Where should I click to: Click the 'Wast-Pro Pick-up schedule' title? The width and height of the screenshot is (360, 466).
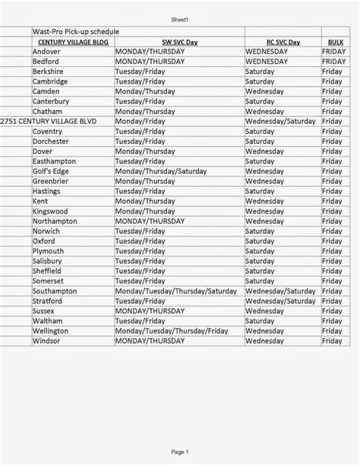pos(75,31)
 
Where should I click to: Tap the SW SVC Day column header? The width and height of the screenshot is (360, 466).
pos(180,42)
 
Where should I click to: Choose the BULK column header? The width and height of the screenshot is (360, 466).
pos(335,42)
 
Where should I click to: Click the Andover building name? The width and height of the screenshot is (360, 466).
pos(46,52)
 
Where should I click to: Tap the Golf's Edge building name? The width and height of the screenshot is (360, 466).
pos(51,171)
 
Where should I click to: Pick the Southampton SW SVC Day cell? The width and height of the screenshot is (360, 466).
pos(176,291)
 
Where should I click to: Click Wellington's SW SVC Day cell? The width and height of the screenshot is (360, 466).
pos(172,331)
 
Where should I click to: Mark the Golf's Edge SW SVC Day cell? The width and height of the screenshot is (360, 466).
pos(160,171)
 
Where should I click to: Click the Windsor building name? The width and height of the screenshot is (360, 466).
pos(46,341)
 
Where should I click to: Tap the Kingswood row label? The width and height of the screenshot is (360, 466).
pos(50,211)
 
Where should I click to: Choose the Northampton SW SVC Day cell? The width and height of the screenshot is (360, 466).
pos(150,221)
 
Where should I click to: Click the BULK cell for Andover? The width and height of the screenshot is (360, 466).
pos(333,52)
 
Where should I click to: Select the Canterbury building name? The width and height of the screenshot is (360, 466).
pos(51,101)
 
